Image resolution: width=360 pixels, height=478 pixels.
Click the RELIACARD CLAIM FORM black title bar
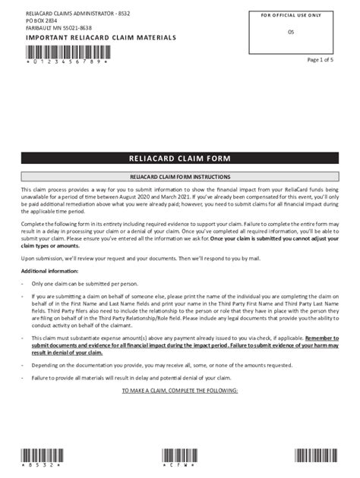tap(180, 159)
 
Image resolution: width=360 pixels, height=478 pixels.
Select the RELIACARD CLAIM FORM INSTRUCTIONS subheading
tap(180, 176)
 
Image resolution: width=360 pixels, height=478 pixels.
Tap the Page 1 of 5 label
tap(320, 59)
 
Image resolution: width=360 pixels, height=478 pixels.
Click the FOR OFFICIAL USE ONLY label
tap(291, 14)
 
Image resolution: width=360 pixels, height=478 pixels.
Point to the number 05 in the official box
tap(291, 32)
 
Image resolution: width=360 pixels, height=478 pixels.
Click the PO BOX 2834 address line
tap(42, 21)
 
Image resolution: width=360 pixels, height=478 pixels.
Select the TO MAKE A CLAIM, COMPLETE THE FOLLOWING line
tap(180, 390)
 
